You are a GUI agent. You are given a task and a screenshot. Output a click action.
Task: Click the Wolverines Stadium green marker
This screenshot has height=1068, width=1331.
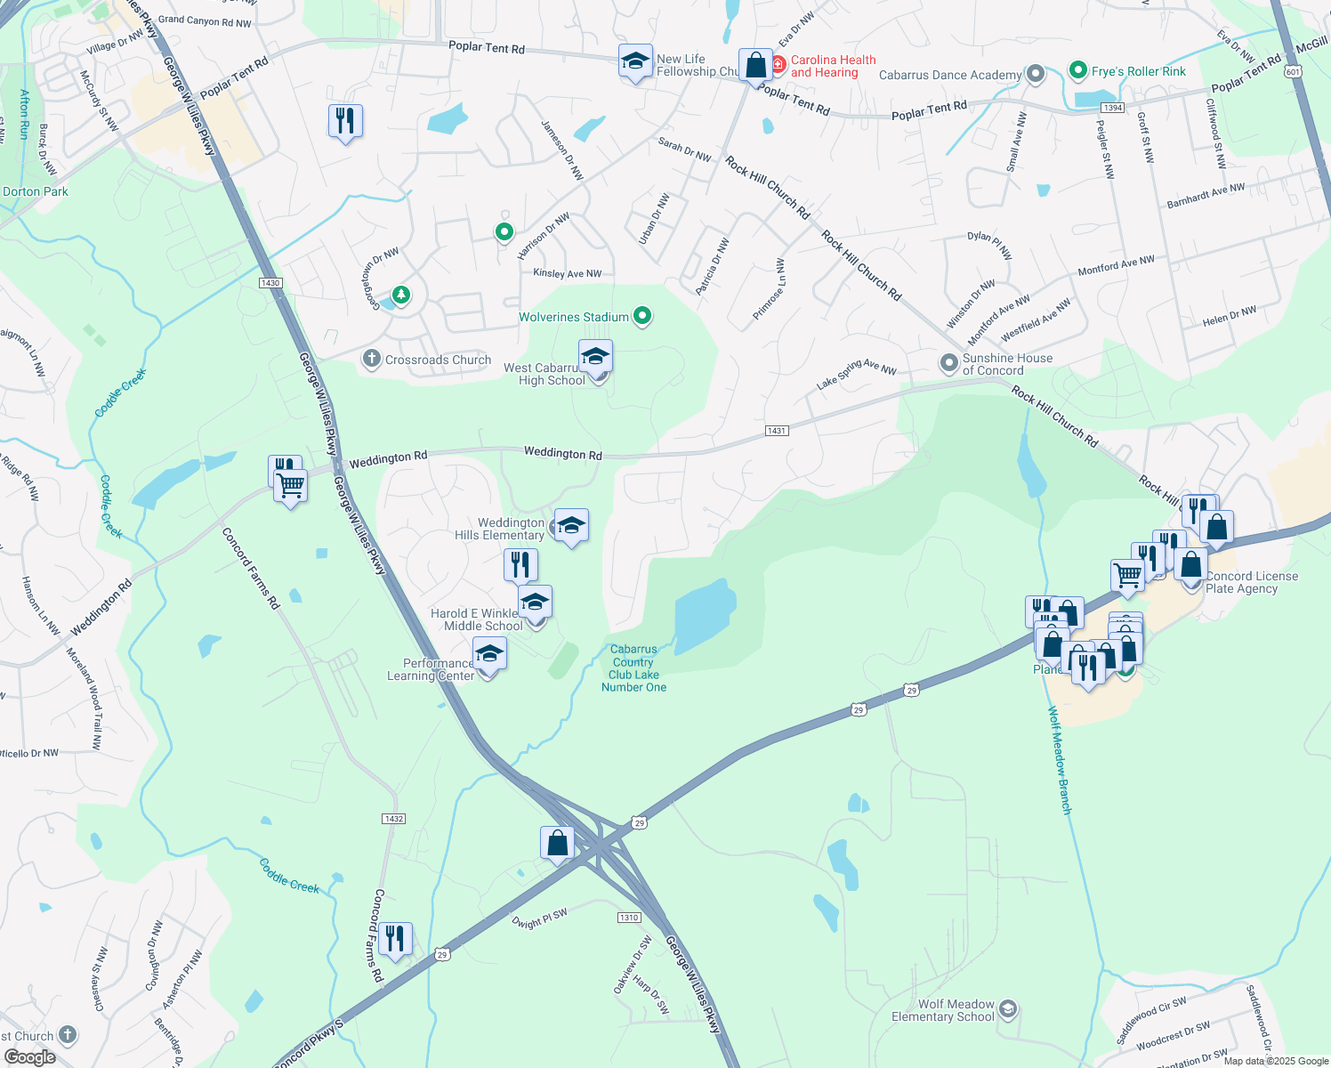pos(642,316)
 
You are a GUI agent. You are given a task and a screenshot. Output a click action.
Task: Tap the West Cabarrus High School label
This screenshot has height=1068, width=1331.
pos(544,375)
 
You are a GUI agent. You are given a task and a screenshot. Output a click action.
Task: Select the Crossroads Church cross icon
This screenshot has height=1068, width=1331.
pos(371,360)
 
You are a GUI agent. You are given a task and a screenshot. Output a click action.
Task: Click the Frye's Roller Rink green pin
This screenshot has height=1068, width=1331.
pos(1077,70)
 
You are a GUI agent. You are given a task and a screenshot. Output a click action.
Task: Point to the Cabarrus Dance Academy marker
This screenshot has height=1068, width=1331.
pos(1035,74)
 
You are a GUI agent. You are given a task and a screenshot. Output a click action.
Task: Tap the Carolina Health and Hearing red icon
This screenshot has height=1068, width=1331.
pos(778,65)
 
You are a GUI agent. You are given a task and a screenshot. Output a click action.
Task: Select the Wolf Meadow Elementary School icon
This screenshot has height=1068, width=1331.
pos(1007,1008)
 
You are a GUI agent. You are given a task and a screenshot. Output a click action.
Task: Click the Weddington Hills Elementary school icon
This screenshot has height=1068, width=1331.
pos(571,525)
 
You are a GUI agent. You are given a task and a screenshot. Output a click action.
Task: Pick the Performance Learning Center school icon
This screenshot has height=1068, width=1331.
pos(489,654)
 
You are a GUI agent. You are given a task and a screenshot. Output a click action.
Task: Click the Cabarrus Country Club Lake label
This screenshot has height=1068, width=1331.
pos(633,668)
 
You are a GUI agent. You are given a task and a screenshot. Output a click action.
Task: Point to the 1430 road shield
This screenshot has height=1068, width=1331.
pos(270,283)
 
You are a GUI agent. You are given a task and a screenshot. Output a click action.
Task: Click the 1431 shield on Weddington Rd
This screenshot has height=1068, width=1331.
pos(776,431)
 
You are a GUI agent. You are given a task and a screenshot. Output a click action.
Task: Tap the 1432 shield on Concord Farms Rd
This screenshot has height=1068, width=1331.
pos(393,819)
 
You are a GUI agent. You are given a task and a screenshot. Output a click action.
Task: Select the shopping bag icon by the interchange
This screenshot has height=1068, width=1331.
pos(557,842)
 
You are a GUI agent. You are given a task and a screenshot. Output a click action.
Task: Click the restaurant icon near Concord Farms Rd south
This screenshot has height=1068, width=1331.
pos(394,938)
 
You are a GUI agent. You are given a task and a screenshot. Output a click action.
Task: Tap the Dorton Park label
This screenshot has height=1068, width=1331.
pos(36,191)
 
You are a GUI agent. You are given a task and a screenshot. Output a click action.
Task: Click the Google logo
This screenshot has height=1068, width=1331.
pos(29,1057)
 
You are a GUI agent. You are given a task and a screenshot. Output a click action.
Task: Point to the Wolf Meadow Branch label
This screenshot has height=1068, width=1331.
pos(1059,760)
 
